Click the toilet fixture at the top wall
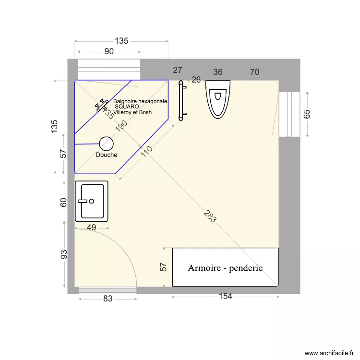pos(218,98)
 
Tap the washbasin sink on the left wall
pos(92,201)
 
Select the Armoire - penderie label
pos(225,268)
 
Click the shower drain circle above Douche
pos(106,143)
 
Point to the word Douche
pos(107,155)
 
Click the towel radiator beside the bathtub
pos(181,100)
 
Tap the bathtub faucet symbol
pos(102,106)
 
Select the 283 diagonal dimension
pos(209,217)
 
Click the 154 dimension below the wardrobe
pos(225,296)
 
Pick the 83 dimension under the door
pos(107,299)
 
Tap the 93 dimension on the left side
pos(64,255)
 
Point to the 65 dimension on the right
pos(307,114)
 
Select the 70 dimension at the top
pos(254,72)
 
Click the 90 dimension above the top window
pos(109,51)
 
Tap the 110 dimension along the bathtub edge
pos(146,152)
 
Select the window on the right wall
pos(289,114)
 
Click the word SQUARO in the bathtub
pos(127,107)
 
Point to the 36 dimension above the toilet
pos(218,72)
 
